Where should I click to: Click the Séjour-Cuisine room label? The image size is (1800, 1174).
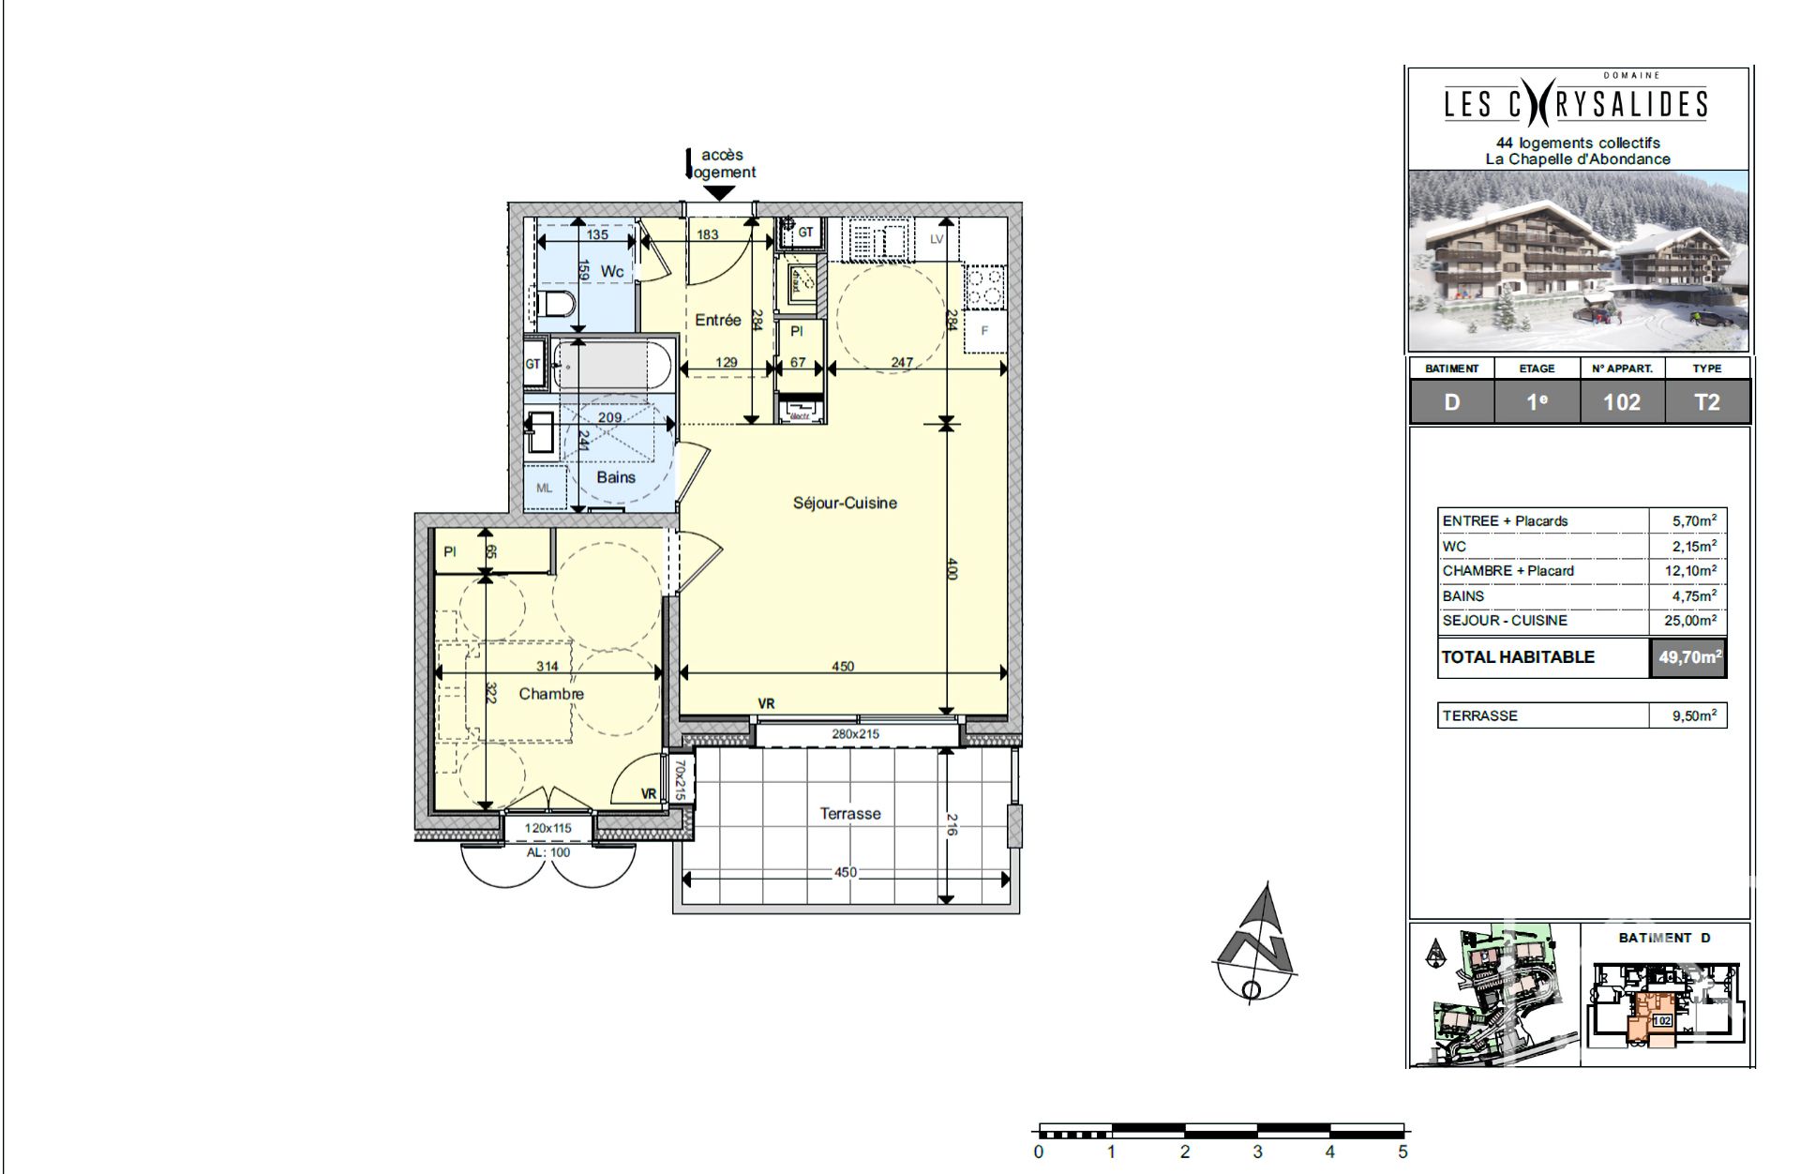click(x=845, y=503)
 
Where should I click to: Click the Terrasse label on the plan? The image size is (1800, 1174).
click(x=849, y=814)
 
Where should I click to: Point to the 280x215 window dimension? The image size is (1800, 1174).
click(x=855, y=734)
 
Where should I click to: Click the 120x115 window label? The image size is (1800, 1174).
click(x=547, y=828)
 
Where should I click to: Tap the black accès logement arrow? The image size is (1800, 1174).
click(x=719, y=193)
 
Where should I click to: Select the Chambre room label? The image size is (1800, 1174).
click(x=550, y=694)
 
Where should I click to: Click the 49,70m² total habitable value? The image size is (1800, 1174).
click(x=1688, y=657)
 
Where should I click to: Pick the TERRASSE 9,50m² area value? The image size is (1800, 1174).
click(x=1693, y=715)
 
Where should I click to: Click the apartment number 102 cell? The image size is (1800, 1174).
click(x=1621, y=402)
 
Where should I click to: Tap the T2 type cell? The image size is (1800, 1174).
click(x=1706, y=402)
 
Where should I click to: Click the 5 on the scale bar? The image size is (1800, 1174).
click(x=1402, y=1152)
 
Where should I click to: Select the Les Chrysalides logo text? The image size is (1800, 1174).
click(x=1576, y=104)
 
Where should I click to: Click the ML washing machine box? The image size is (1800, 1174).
click(x=544, y=488)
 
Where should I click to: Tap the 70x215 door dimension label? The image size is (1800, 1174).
click(x=681, y=780)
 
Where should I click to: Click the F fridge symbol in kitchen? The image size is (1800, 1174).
click(x=984, y=330)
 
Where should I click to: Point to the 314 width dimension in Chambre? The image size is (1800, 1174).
click(x=547, y=666)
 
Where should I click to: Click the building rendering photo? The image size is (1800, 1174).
click(x=1578, y=261)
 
